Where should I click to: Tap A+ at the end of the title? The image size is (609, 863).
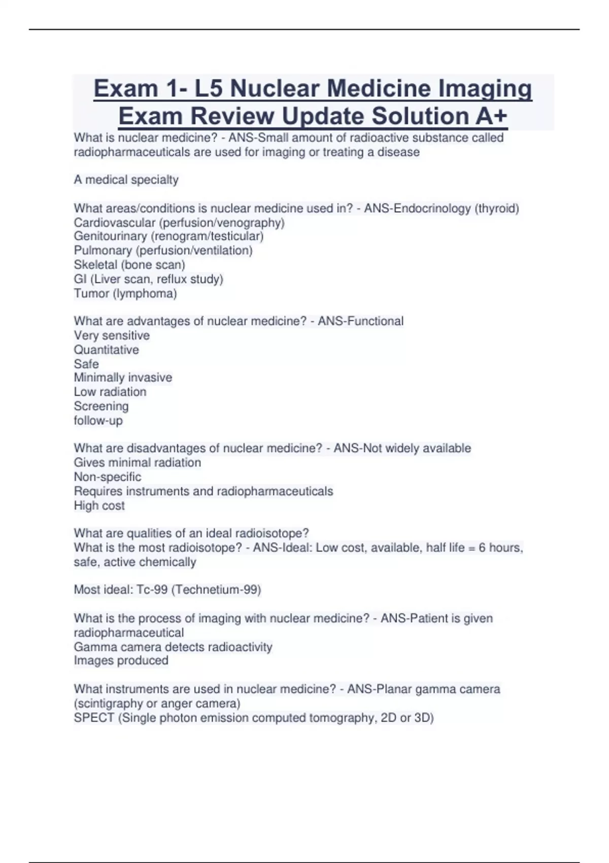pyautogui.click(x=491, y=116)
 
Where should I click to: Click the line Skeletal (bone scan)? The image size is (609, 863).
pyautogui.click(x=129, y=265)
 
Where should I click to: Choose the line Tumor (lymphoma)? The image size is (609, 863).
pyautogui.click(x=125, y=293)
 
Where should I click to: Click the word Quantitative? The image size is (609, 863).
pyautogui.click(x=106, y=350)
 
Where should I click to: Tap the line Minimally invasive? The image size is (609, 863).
pyautogui.click(x=123, y=378)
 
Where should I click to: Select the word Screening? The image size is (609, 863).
pyautogui.click(x=101, y=406)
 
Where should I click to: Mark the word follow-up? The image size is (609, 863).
pyautogui.click(x=98, y=421)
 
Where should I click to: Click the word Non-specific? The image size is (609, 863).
pyautogui.click(x=108, y=477)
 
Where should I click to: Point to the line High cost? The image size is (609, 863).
pyautogui.click(x=99, y=506)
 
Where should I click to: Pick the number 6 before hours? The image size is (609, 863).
pyautogui.click(x=482, y=548)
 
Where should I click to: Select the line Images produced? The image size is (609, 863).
pyautogui.click(x=121, y=660)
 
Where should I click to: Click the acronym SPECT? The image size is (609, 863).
pyautogui.click(x=94, y=718)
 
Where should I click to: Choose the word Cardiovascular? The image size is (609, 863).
pyautogui.click(x=114, y=223)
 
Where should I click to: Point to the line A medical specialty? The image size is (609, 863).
pyautogui.click(x=126, y=180)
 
